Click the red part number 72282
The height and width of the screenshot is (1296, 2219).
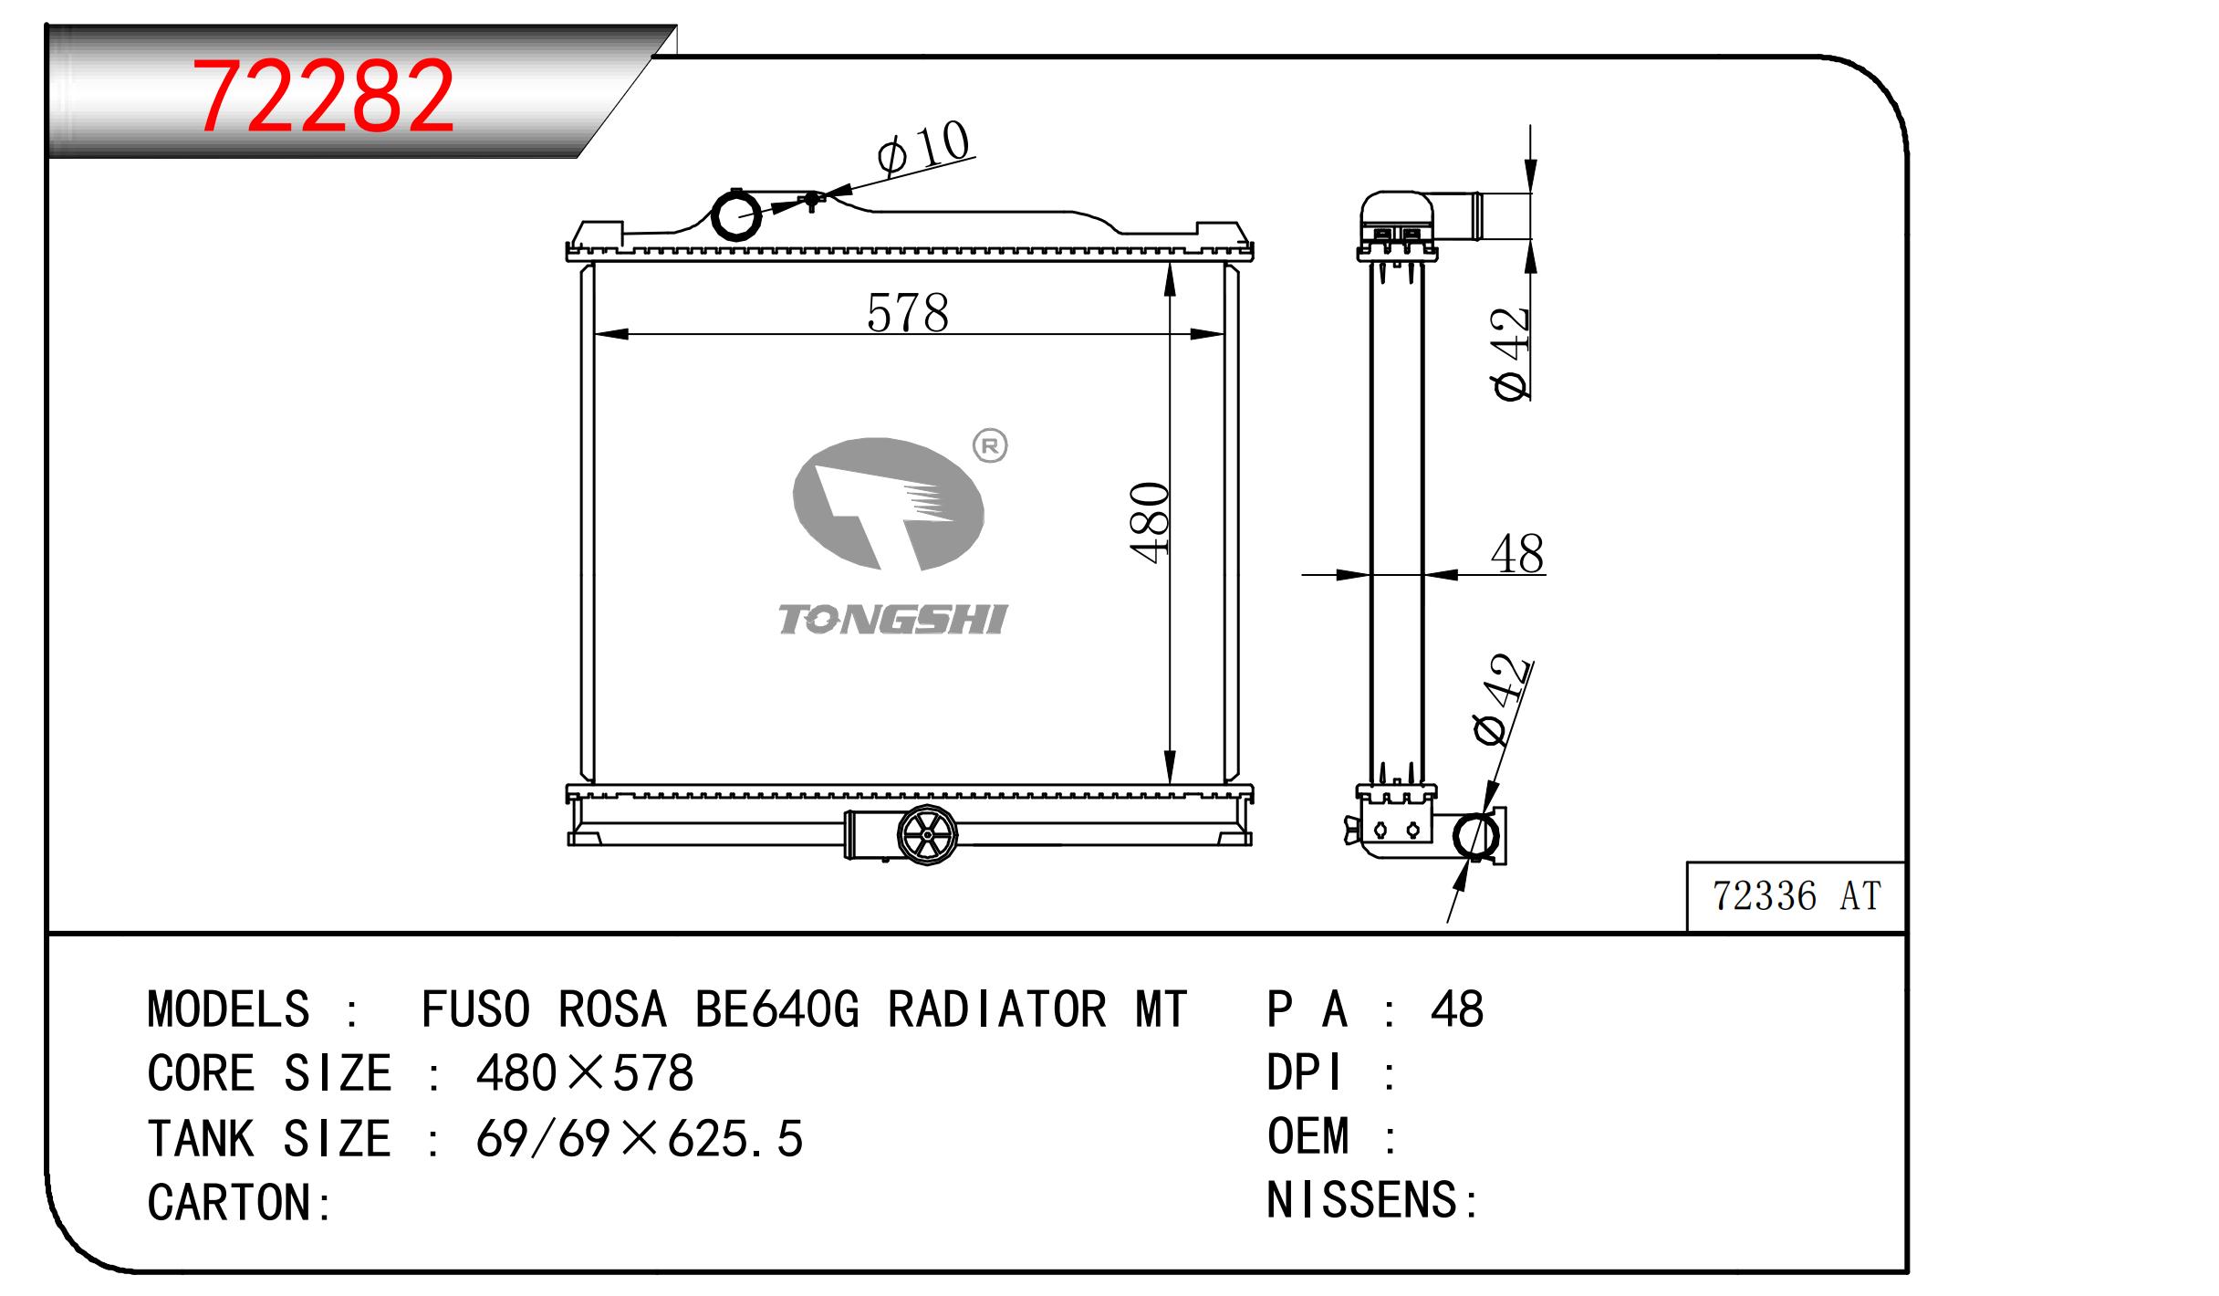pos(324,96)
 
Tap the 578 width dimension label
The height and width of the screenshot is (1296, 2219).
pos(907,313)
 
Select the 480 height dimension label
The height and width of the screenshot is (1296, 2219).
pos(1150,522)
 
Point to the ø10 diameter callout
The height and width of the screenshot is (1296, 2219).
pos(923,150)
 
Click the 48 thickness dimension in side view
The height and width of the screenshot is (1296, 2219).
pos(1516,554)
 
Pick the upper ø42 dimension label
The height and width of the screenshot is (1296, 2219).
pos(1511,354)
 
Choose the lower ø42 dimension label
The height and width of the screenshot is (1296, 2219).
pos(1500,701)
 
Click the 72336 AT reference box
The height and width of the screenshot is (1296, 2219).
pos(1796,896)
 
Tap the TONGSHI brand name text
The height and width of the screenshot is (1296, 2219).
pos(891,620)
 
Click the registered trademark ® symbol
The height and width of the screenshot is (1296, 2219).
pos(990,446)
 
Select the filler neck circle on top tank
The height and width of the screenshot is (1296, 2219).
pos(735,215)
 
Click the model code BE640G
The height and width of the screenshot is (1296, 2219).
pos(776,1009)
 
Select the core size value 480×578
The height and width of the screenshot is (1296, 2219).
pos(584,1073)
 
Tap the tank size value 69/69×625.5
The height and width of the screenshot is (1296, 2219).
pos(639,1139)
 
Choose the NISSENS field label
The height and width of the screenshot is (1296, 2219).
pos(1362,1200)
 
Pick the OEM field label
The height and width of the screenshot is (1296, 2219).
pos(1307,1137)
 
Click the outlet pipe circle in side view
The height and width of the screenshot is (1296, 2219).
pos(1474,836)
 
